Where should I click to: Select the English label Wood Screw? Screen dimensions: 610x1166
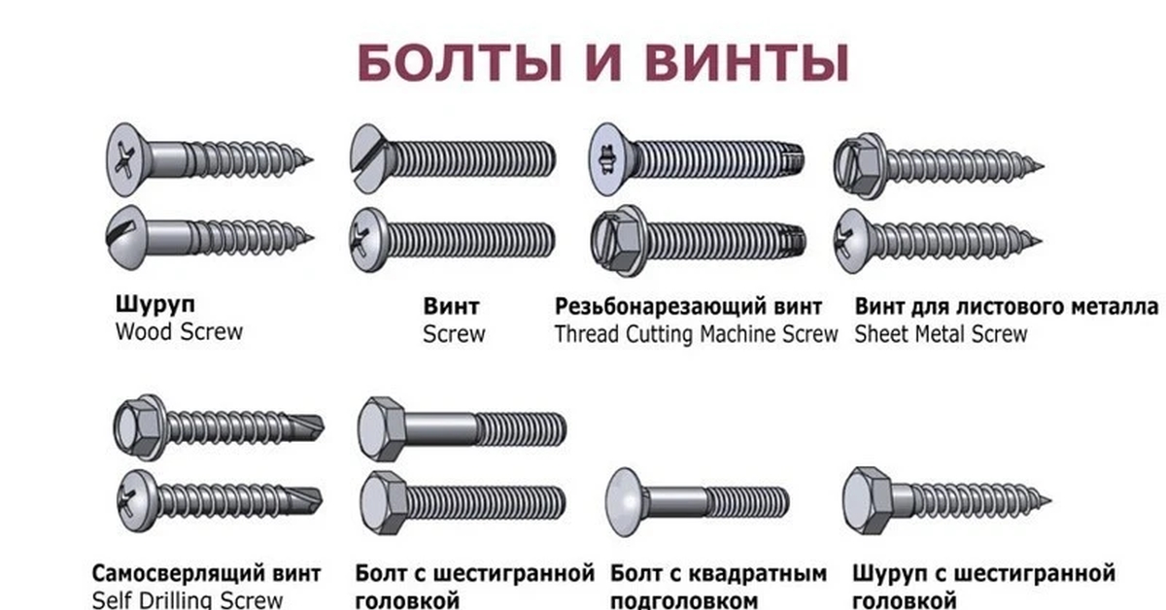click(179, 332)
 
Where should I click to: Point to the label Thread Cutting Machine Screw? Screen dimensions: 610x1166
click(696, 335)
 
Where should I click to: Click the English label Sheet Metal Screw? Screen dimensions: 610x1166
click(941, 335)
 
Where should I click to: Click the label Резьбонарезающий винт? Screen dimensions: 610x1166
click(689, 307)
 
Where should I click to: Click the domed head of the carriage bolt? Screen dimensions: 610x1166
click(626, 501)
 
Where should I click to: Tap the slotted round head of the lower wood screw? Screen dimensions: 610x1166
click(128, 233)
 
